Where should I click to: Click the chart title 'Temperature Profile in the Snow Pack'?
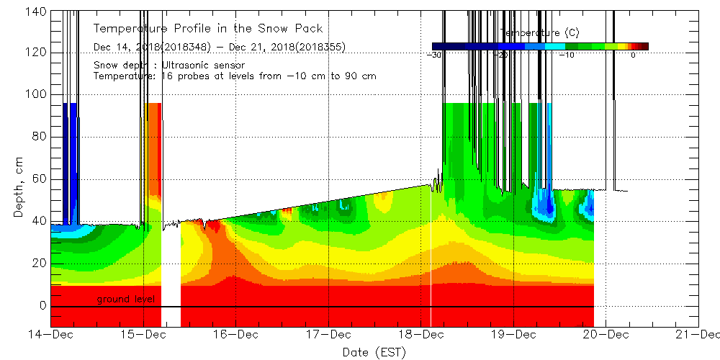coord(208,29)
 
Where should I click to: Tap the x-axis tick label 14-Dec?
coord(51,334)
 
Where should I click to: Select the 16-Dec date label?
coord(235,334)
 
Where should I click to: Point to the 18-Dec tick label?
coord(421,334)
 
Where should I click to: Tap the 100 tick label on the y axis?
coord(37,94)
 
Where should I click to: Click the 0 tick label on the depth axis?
coord(42,305)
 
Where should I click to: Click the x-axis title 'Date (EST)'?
coord(374,351)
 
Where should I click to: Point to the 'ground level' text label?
coord(127,299)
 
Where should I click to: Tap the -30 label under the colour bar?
coord(434,55)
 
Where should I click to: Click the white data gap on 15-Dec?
coord(171,274)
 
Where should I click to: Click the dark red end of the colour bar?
coord(645,46)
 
